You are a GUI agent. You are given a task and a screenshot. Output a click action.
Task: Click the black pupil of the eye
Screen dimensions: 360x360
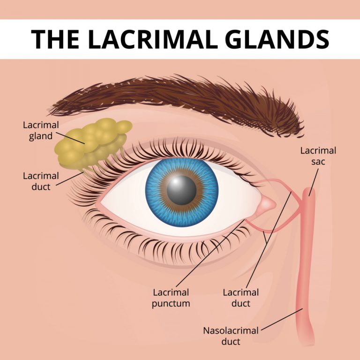181,189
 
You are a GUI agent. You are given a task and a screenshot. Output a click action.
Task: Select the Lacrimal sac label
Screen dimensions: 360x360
318,156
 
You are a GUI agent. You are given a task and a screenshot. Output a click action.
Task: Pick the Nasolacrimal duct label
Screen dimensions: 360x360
231,336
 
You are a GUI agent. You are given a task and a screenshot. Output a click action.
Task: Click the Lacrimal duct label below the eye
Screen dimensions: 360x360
240,298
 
